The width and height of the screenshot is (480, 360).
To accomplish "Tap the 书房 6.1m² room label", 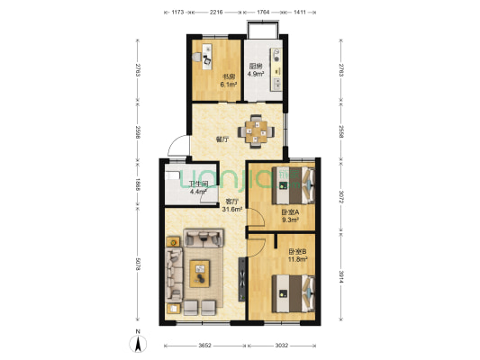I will (x=216, y=81).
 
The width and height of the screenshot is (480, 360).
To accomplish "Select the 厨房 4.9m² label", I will (x=257, y=69).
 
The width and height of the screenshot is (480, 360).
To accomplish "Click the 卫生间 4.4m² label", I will (x=198, y=187).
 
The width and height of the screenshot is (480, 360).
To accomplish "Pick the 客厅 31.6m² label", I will (x=231, y=205).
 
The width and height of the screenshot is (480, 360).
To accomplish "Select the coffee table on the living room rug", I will (x=200, y=268).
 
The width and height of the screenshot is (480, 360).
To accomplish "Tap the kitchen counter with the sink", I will (x=278, y=67).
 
